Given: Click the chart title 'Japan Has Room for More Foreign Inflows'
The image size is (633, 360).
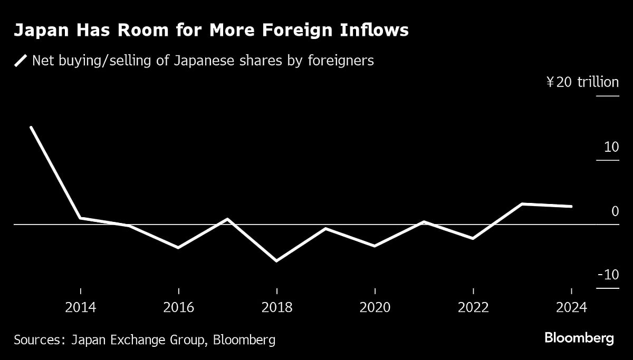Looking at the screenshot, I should coord(211,31).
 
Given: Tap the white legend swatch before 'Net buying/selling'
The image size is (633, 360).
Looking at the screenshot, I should coord(21,61).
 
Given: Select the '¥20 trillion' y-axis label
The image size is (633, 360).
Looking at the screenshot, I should coord(582,82).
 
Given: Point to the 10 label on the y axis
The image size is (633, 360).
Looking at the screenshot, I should coord(611,147).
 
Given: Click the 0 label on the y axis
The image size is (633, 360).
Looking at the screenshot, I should coord(615,211).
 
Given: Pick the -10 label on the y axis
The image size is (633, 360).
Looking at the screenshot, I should coord(608,275).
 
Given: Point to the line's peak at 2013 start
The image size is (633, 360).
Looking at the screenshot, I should coord(31,128).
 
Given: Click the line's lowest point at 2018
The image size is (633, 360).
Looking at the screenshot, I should coord(276,260).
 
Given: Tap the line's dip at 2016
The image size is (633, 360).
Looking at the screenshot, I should coord(178,247).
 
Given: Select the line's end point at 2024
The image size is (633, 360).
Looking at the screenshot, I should coord(571,206).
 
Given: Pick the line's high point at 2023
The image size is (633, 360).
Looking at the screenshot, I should coord(522,204).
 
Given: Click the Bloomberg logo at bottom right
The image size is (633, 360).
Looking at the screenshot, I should coord(579,338).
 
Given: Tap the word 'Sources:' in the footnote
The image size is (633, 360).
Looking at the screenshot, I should coord(37,340).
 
